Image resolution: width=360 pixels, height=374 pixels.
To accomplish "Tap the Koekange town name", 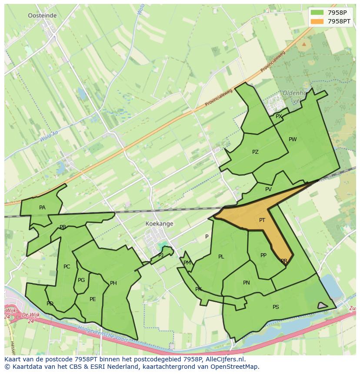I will pyautogui.click(x=159, y=224).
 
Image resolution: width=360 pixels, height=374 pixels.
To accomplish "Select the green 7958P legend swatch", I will pyautogui.click(x=317, y=13).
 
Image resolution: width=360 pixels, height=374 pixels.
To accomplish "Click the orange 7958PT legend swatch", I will pyautogui.click(x=317, y=21).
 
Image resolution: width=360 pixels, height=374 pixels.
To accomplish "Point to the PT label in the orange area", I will pyautogui.click(x=262, y=220).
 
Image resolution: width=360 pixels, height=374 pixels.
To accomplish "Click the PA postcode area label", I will pyautogui.click(x=42, y=208).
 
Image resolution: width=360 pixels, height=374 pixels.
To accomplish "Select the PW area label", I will pyautogui.click(x=293, y=139).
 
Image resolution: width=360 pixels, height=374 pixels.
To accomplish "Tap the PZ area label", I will pyautogui.click(x=255, y=152).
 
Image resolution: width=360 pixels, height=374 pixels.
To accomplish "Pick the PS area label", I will pyautogui.click(x=276, y=307).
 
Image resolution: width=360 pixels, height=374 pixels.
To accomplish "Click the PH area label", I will pyautogui.click(x=113, y=283).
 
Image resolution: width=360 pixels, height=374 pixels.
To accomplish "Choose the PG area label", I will pyautogui.click(x=81, y=280).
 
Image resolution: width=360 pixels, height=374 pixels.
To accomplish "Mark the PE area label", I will pyautogui.click(x=93, y=299).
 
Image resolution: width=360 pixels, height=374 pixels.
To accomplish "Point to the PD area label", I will pyautogui.click(x=50, y=304).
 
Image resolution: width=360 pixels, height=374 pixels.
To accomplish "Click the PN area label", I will pyautogui.click(x=247, y=283).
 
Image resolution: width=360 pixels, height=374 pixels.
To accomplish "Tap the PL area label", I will pyautogui.click(x=221, y=257).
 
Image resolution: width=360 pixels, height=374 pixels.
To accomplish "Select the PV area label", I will pyautogui.click(x=268, y=189).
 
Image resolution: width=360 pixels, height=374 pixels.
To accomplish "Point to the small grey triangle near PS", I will pyautogui.click(x=322, y=306).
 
